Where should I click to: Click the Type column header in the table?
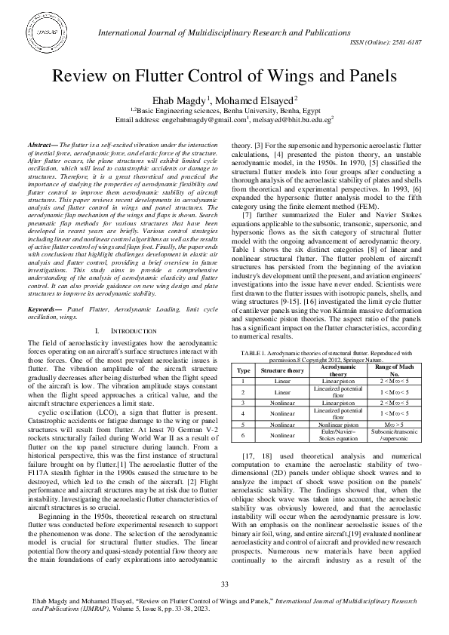[x=243, y=371]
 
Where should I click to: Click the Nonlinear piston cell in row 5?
[x=339, y=425]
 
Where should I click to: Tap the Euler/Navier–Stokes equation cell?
[x=339, y=435]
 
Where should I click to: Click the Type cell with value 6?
[x=243, y=435]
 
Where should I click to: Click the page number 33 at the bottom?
[x=224, y=585]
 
